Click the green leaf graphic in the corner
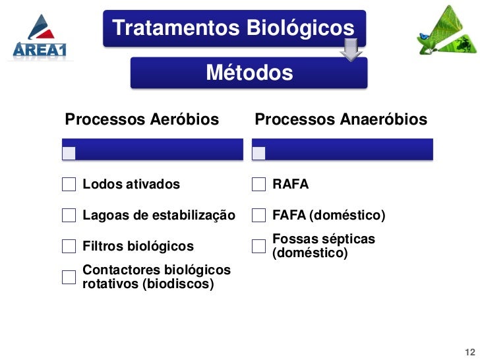pos(446,32)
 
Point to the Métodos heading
pos(249,73)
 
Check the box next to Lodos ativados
pos(69,185)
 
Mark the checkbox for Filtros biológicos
pos(69,247)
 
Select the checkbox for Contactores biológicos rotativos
pos(69,278)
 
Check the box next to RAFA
pos(259,185)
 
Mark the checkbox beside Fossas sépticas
pos(259,246)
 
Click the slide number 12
pos(469,351)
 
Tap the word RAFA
pos(291,185)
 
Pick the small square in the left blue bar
pos(69,153)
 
